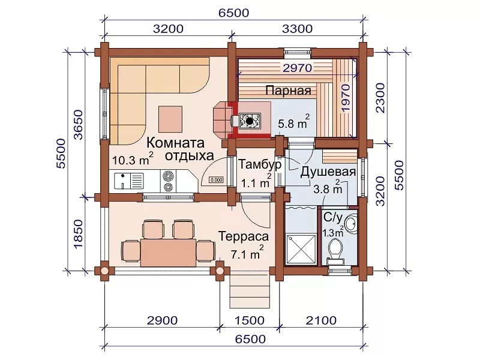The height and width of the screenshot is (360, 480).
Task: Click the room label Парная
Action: [x=288, y=91]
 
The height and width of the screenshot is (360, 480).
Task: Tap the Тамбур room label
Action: [x=260, y=164]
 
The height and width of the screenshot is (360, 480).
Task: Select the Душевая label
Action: [x=328, y=172]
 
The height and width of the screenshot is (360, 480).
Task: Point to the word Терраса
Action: [x=244, y=236]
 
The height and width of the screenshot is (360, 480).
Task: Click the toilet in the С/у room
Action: [x=336, y=250]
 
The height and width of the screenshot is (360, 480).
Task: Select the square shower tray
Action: [x=301, y=249]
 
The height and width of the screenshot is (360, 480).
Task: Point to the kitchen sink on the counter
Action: [x=128, y=181]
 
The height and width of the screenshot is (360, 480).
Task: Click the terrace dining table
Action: [x=169, y=253]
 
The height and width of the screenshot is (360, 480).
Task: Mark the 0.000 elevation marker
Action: [x=216, y=179]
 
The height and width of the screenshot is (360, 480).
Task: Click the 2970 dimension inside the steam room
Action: [x=297, y=68]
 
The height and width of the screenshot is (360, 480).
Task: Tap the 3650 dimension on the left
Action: [x=79, y=125]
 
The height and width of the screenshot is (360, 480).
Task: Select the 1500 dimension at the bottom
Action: [x=249, y=320]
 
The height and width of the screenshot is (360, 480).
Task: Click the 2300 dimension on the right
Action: [x=380, y=98]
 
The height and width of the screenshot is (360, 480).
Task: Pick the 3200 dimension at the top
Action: [x=168, y=29]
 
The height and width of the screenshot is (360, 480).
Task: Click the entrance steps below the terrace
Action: [x=250, y=291]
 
